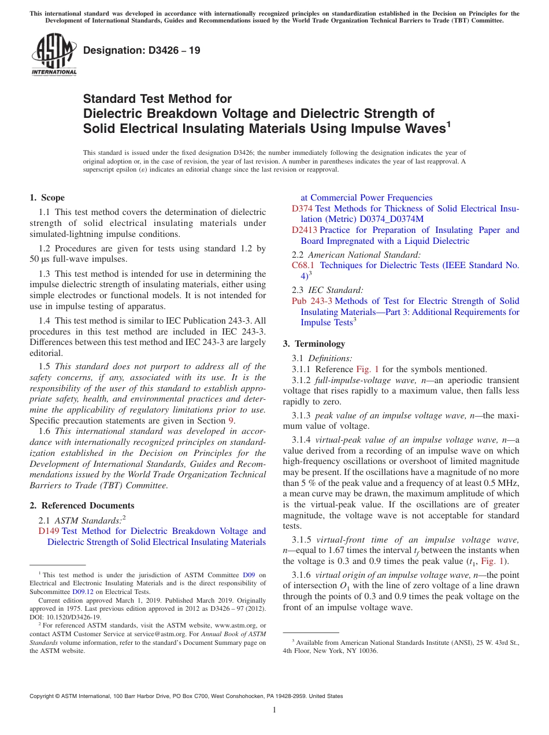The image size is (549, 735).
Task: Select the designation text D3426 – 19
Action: click(142, 51)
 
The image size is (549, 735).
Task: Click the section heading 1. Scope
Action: click(47, 198)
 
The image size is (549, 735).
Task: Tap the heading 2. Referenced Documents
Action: click(81, 506)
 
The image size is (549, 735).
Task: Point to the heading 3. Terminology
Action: click(314, 344)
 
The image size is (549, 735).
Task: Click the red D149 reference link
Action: click(49, 531)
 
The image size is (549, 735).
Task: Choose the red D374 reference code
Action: click(302, 209)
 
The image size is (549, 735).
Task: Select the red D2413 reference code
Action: click(305, 230)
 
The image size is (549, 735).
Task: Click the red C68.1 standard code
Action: click(303, 265)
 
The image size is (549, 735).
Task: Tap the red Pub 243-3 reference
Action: click(312, 301)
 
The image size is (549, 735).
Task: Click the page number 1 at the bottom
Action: click(274, 710)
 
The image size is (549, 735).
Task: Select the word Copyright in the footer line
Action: click(43, 696)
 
